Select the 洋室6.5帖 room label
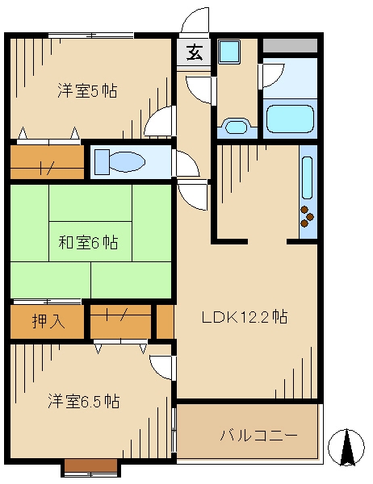click(x=84, y=401)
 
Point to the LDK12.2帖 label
click(x=245, y=317)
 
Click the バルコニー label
click(x=259, y=436)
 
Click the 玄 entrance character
click(x=195, y=53)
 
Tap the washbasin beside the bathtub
click(x=237, y=126)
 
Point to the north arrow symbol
click(x=347, y=446)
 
